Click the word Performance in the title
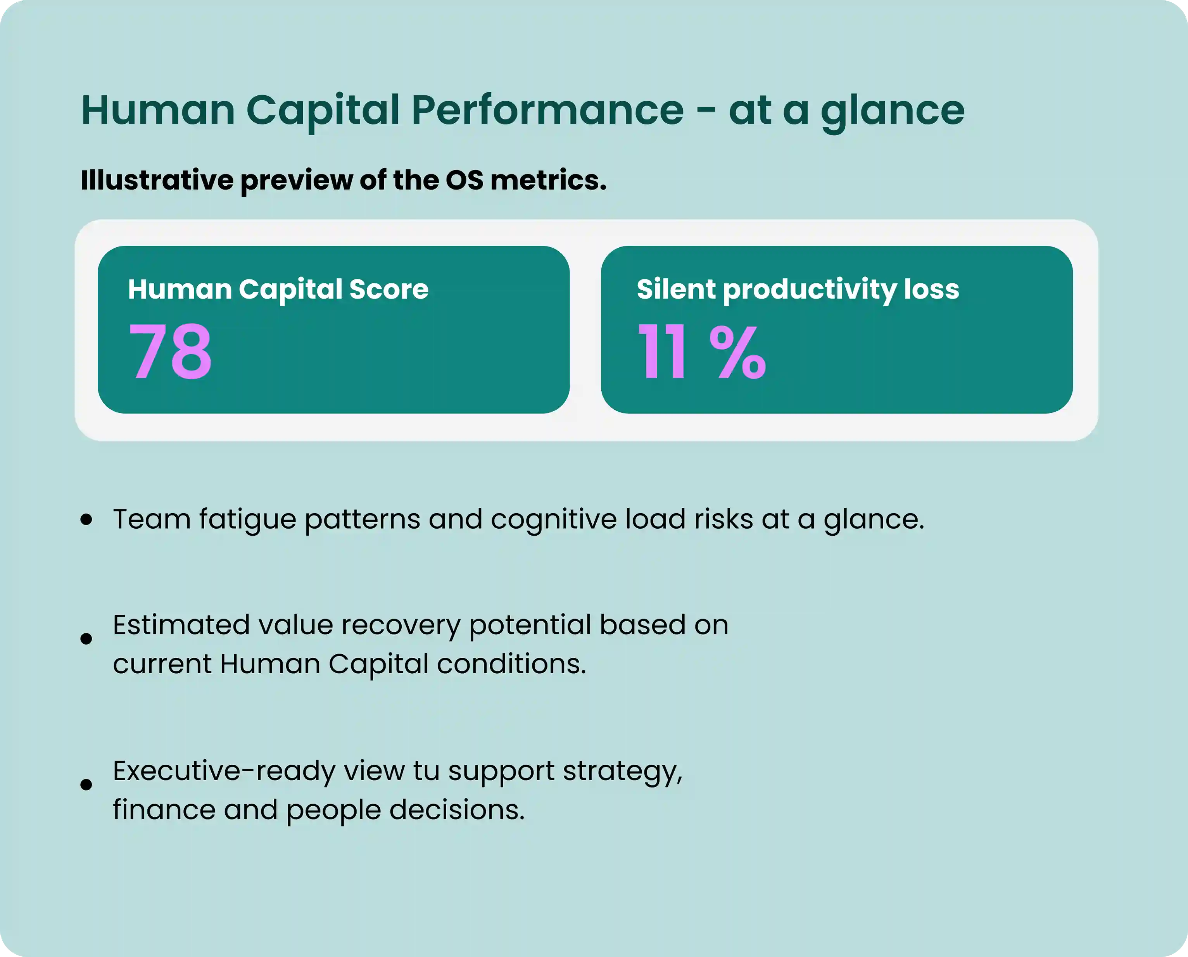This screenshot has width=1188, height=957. click(x=547, y=110)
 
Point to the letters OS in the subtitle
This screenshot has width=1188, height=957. click(x=464, y=180)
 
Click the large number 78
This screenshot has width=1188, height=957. click(x=170, y=351)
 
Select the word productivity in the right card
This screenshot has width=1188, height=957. click(x=809, y=290)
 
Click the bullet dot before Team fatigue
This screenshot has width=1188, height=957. click(x=86, y=519)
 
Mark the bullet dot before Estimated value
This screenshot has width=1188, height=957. click(x=86, y=638)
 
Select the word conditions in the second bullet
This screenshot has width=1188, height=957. click(x=511, y=664)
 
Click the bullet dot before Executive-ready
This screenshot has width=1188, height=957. click(x=86, y=785)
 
